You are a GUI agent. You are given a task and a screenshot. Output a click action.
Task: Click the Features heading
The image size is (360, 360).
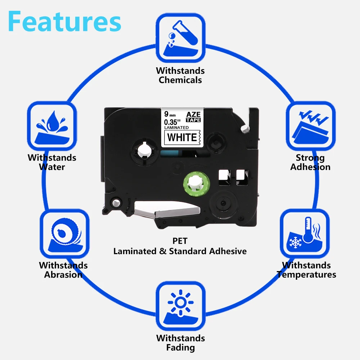pyautogui.click(x=64, y=21)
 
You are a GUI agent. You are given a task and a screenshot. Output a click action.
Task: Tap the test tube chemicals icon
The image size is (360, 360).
pyautogui.click(x=180, y=38)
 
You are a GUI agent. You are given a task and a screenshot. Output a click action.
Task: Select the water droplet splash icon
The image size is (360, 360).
pyautogui.click(x=52, y=126)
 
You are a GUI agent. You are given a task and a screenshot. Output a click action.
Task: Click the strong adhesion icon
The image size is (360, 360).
pyautogui.click(x=310, y=126)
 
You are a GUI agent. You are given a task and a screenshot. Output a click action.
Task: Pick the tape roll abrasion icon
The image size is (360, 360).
pyautogui.click(x=64, y=234)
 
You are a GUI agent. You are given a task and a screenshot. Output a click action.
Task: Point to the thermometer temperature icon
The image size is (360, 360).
pyautogui.click(x=305, y=234)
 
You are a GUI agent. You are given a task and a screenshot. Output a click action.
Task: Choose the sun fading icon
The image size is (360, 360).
pyautogui.click(x=180, y=306)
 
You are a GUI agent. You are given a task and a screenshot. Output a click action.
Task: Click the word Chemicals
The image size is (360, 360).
pyautogui.click(x=180, y=80)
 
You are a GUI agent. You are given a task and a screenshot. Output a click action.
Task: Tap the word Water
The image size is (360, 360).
pyautogui.click(x=52, y=167)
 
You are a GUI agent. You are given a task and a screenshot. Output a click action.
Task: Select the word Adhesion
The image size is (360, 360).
pyautogui.click(x=310, y=167)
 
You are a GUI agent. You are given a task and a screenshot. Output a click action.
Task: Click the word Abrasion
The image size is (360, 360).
pyautogui.click(x=63, y=275)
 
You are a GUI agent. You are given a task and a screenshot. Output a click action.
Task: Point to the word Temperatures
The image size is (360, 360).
pyautogui.click(x=306, y=275)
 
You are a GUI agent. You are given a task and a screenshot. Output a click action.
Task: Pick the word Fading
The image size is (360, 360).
pyautogui.click(x=180, y=348)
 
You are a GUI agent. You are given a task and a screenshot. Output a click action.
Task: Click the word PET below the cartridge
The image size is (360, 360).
pyautogui.click(x=180, y=241)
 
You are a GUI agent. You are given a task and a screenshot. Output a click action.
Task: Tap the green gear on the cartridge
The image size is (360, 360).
pyautogui.click(x=197, y=184)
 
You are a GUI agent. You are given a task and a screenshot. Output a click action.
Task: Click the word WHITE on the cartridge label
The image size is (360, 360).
pyautogui.click(x=182, y=138)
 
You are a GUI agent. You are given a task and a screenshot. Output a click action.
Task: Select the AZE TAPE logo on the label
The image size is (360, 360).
pyautogui.click(x=193, y=117)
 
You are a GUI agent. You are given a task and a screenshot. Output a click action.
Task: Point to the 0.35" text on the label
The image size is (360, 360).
pyautogui.click(x=172, y=122)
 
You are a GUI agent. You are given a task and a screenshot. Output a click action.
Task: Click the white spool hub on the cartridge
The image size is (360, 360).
pyautogui.click(x=145, y=150)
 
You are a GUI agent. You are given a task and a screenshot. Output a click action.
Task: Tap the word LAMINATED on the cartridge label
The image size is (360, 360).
pyautogui.click(x=176, y=128)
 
